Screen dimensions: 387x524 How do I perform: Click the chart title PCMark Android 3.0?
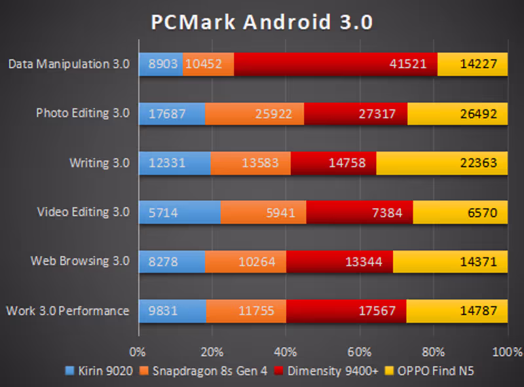point(262,22)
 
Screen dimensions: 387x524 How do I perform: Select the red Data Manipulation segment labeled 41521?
point(335,64)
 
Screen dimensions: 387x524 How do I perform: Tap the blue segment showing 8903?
point(161,64)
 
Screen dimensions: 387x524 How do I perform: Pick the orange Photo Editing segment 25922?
point(255,113)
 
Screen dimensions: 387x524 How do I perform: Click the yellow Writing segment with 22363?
point(441,162)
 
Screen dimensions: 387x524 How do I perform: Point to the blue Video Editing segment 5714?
point(179,212)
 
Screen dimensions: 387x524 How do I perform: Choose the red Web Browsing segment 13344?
point(339,261)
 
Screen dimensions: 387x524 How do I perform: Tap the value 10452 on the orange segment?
point(204,64)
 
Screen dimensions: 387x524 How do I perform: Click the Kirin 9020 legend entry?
point(102,371)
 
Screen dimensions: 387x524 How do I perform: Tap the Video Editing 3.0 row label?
point(83,212)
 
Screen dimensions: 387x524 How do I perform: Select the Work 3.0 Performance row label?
point(67,310)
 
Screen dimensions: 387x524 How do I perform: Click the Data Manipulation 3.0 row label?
point(69,64)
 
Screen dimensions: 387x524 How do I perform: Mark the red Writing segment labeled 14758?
point(333,162)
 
